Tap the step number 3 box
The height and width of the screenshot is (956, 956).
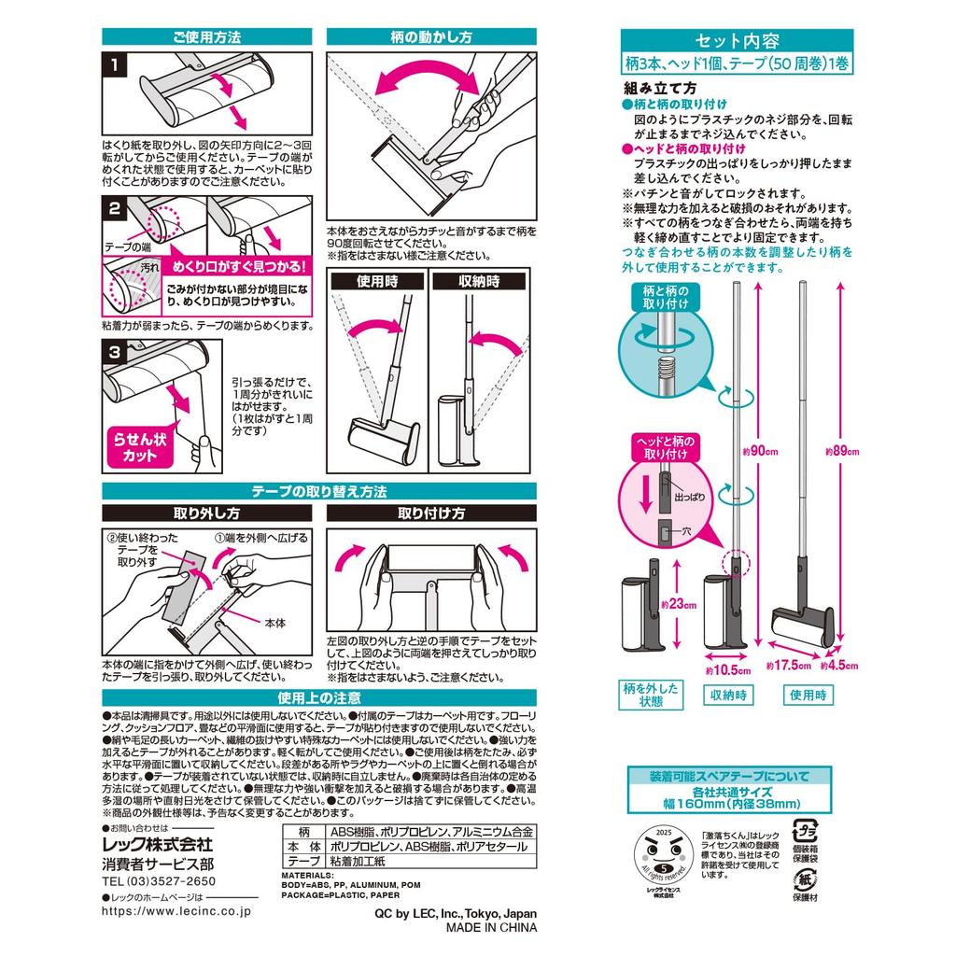pyautogui.click(x=113, y=354)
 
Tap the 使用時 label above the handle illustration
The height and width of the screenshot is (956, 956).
pyautogui.click(x=376, y=281)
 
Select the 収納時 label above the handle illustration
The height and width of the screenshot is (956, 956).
pyautogui.click(x=479, y=281)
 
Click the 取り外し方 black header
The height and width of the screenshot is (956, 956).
pyautogui.click(x=206, y=513)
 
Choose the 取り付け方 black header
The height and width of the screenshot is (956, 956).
pyautogui.click(x=431, y=513)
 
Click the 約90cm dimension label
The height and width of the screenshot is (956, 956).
pyautogui.click(x=763, y=450)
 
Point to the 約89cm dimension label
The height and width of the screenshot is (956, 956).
pyautogui.click(x=841, y=450)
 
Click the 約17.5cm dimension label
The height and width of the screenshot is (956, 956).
pyautogui.click(x=786, y=666)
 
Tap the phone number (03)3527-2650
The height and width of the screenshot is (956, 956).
pyautogui.click(x=159, y=880)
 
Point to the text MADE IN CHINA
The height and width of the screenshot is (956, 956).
pyautogui.click(x=491, y=928)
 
